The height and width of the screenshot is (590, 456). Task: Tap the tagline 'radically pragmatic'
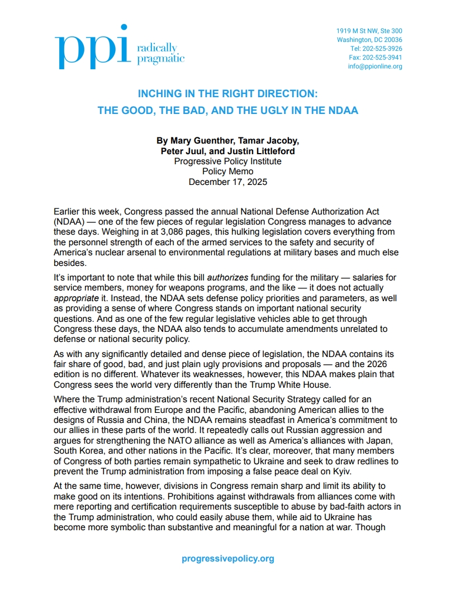(x=160, y=53)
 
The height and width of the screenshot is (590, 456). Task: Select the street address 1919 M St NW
(x=369, y=31)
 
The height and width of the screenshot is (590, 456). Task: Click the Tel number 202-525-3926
(x=376, y=49)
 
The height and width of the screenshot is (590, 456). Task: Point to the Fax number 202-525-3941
(x=376, y=58)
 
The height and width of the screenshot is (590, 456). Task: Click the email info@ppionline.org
(x=375, y=66)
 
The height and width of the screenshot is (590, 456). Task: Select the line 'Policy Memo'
(x=227, y=172)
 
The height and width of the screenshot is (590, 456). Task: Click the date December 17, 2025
(x=227, y=182)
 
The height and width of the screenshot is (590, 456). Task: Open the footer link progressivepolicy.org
(x=227, y=558)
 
